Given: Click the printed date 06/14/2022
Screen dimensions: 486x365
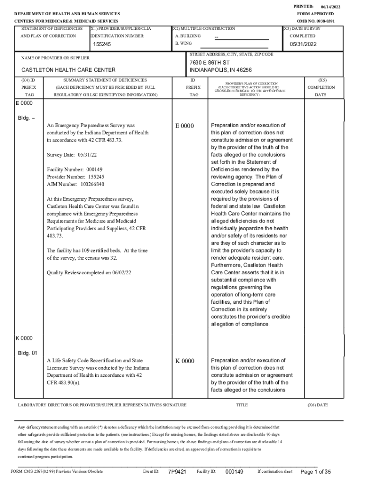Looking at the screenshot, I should (x=331, y=7).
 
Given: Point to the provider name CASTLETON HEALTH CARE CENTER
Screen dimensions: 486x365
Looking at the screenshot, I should (x=68, y=70).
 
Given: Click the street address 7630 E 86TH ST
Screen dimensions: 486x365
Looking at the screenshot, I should (x=210, y=63).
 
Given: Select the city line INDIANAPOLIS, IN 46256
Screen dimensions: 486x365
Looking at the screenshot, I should (x=220, y=70).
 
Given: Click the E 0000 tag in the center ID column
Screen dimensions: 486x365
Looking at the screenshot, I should (x=184, y=126).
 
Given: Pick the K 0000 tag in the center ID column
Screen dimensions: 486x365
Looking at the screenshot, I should (x=184, y=361).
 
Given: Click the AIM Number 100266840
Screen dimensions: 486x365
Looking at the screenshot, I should (x=75, y=184).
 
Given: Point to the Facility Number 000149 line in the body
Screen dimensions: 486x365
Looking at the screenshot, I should (x=74, y=169).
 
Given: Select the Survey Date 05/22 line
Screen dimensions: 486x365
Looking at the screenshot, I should (x=72, y=155).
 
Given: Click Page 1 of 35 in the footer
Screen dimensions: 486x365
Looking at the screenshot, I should (x=315, y=472).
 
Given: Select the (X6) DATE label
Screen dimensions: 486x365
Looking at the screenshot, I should (x=317, y=405).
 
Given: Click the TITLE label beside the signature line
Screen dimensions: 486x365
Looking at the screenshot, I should (x=242, y=405).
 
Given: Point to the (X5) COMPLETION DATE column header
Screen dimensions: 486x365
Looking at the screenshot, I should (x=321, y=87).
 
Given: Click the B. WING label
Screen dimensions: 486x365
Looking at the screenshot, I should (x=183, y=43).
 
